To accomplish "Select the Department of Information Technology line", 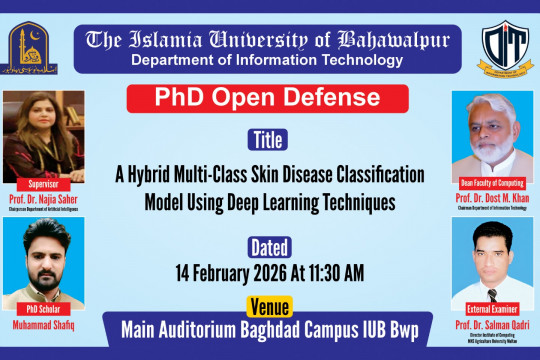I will click(267, 61).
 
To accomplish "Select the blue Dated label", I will click(268, 246).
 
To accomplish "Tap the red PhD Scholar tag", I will click(41, 309).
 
